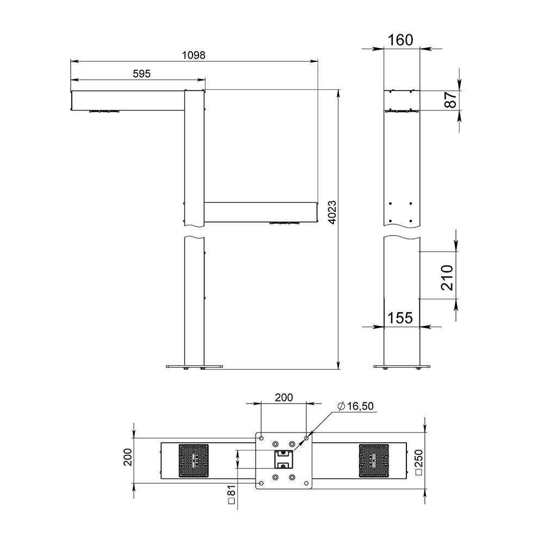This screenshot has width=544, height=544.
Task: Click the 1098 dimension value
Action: click(x=194, y=55)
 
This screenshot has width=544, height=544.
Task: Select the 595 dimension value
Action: click(x=141, y=73)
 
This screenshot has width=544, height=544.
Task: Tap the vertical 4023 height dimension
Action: click(x=332, y=212)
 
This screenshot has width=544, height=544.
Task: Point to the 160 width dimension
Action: click(x=400, y=40)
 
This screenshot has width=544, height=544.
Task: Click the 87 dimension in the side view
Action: click(x=450, y=100)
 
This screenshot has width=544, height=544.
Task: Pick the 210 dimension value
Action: click(x=447, y=277)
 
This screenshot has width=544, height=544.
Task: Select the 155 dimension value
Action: click(x=400, y=318)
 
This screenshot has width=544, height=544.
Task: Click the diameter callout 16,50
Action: click(x=355, y=406)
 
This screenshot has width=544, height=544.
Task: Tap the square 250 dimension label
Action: click(x=419, y=462)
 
